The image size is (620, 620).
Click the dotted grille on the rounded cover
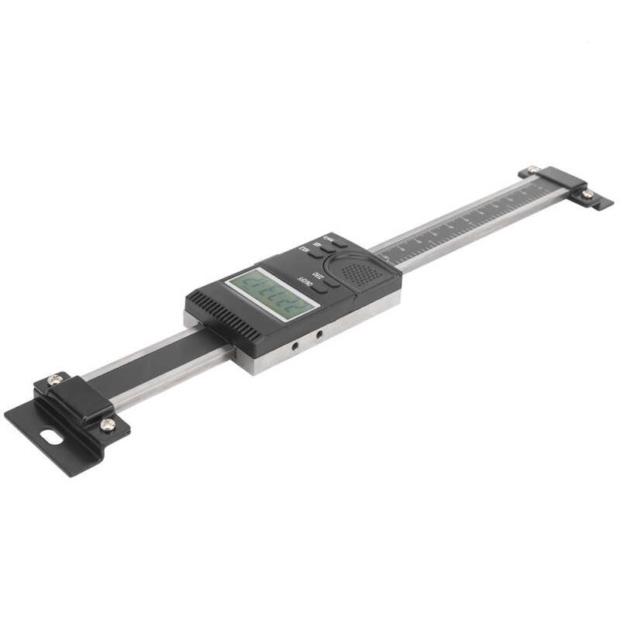pos(356,272)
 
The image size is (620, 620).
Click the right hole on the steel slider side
pos(318,334)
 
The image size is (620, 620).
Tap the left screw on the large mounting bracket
pos(53,380)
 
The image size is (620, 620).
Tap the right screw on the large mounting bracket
pos(107,423)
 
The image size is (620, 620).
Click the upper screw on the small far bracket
pos(532,170)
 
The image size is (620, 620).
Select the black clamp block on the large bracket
pos(80,400)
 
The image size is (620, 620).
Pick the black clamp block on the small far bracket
pos(560,181)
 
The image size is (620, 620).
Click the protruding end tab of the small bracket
pos(601,203)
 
